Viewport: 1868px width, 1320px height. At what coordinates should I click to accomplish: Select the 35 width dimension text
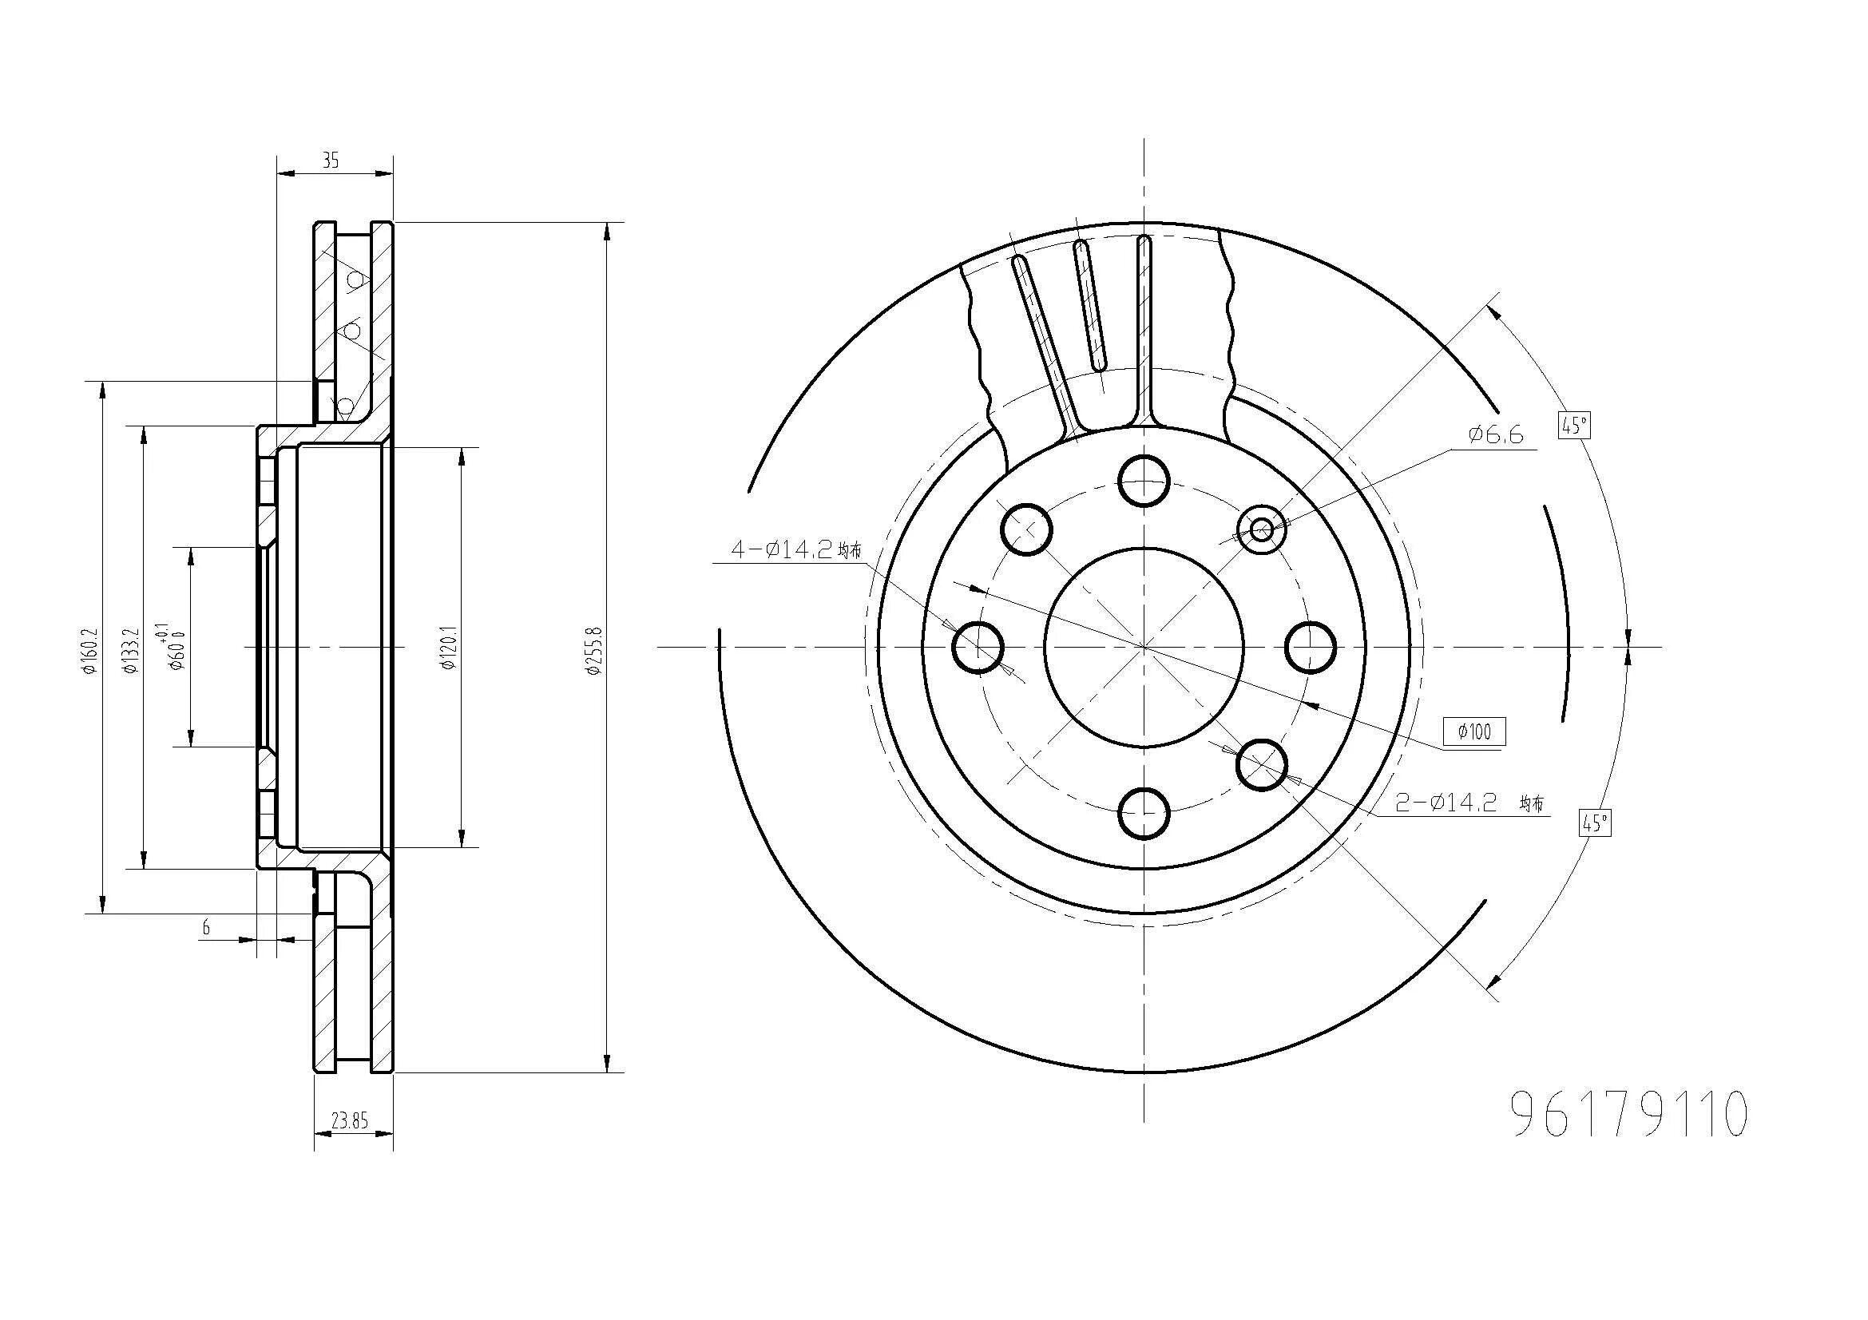[331, 161]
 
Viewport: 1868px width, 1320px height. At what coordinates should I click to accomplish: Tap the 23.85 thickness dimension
[350, 1121]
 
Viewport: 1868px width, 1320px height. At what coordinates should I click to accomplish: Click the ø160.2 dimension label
[89, 651]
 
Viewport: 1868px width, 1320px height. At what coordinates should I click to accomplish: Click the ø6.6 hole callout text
[1495, 435]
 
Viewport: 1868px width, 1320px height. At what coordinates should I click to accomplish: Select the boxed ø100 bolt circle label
[1474, 732]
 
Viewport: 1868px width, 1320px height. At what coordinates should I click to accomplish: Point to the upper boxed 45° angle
[1574, 426]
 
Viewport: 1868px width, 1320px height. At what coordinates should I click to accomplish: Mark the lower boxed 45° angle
[1595, 823]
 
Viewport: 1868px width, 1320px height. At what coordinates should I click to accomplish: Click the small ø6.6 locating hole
[1261, 530]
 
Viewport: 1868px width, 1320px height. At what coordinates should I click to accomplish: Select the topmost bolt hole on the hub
[1143, 481]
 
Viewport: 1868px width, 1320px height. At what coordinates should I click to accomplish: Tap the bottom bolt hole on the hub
[1143, 813]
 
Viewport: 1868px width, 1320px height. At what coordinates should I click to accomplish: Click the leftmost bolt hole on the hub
[977, 648]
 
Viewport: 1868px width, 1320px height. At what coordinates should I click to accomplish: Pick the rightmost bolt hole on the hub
[1310, 648]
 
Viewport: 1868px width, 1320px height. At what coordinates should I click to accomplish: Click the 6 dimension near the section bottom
[206, 927]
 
